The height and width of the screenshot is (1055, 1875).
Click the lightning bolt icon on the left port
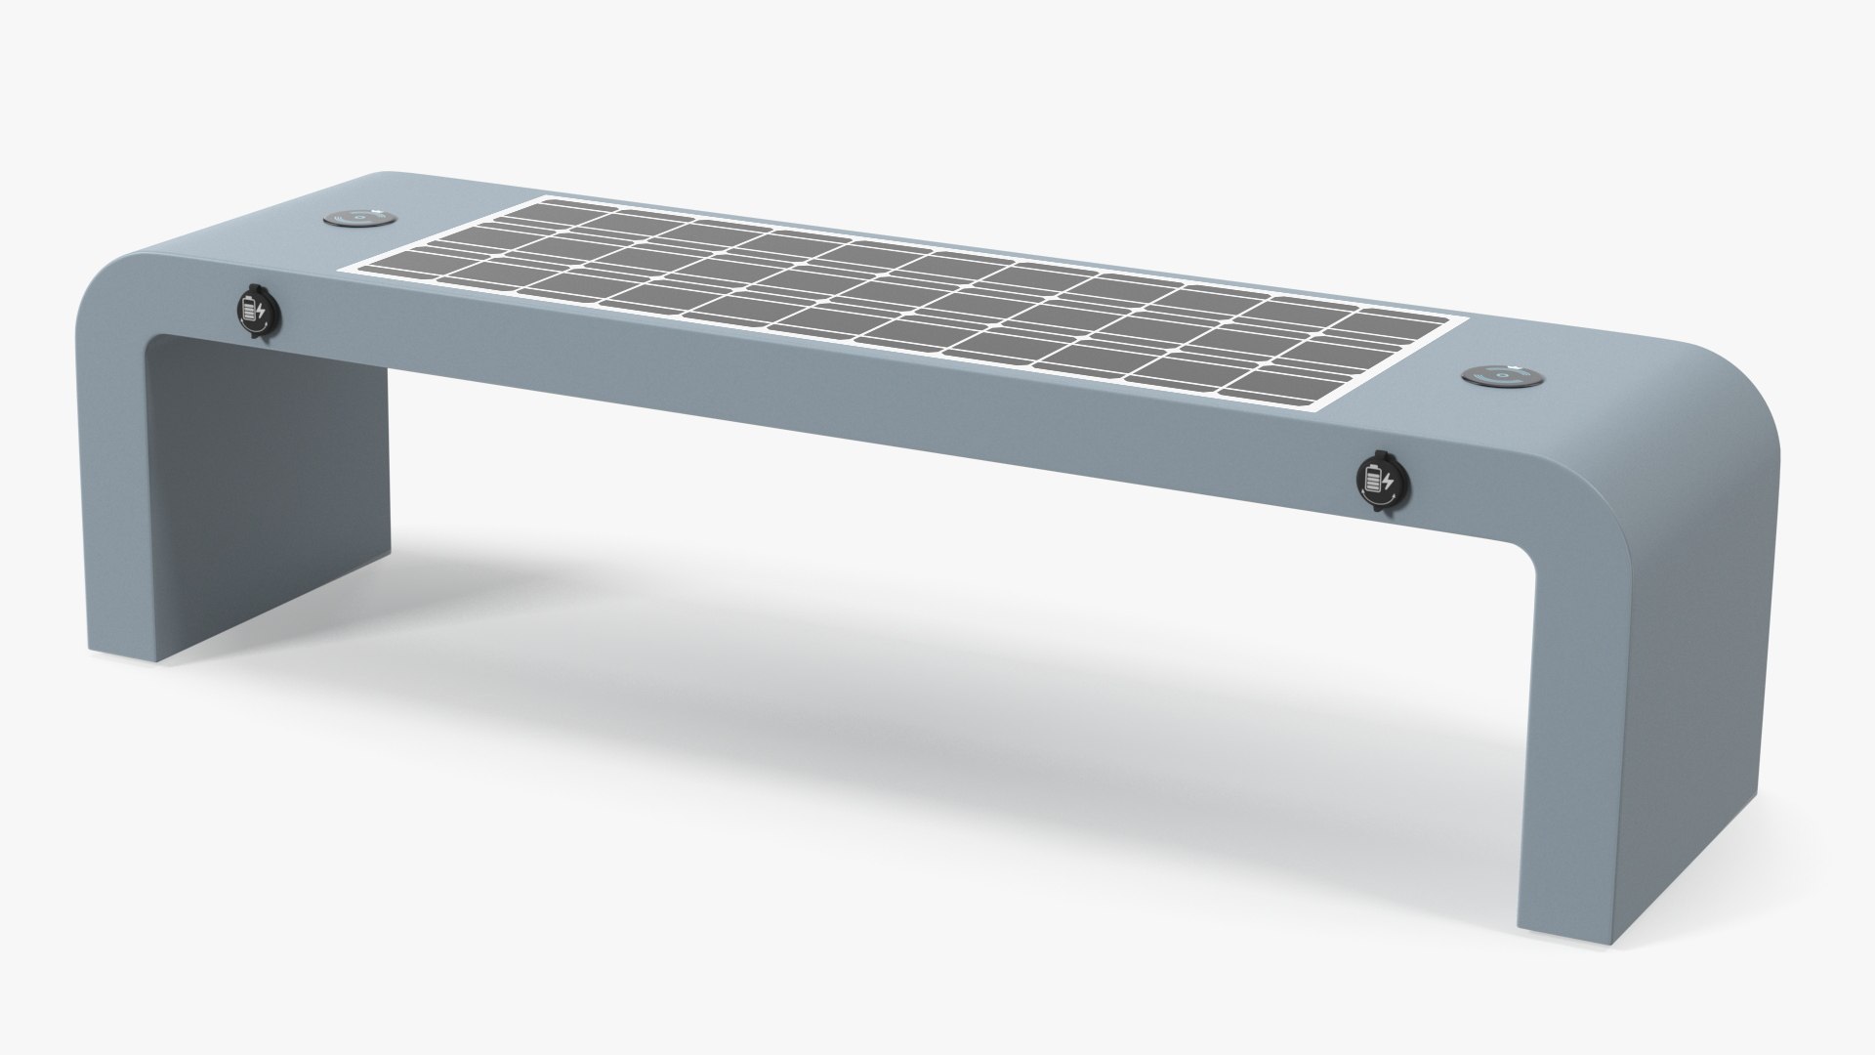click(x=261, y=311)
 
